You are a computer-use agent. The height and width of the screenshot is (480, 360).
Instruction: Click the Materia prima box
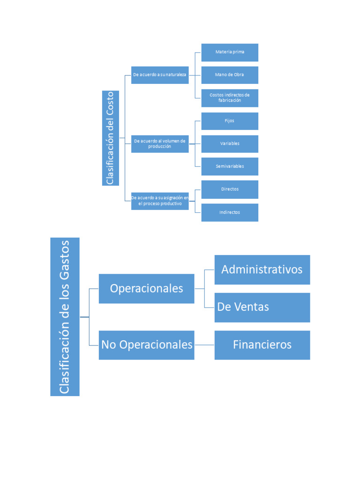230,52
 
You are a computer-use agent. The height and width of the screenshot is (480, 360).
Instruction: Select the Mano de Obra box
230,75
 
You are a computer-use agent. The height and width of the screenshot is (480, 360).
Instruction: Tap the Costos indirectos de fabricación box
230,98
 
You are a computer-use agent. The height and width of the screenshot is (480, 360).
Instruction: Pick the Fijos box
230,121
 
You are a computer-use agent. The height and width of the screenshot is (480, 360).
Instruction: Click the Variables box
230,143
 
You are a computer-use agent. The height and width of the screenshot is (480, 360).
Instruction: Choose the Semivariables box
230,166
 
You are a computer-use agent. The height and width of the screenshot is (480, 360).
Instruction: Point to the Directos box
230,189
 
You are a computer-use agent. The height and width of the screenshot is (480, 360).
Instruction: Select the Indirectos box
230,212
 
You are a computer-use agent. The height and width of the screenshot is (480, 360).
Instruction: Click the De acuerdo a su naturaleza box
160,75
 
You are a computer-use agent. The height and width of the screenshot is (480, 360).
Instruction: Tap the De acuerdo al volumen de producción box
160,143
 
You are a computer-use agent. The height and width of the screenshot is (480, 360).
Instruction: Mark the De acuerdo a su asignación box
160,201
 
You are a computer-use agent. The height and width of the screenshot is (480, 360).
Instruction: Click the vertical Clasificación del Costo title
111,138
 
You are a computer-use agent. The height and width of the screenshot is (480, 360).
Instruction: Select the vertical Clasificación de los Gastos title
65,317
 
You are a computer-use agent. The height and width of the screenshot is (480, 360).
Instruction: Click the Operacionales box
146,289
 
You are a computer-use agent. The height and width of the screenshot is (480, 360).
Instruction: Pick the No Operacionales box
146,345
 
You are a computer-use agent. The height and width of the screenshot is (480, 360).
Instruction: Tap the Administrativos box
262,270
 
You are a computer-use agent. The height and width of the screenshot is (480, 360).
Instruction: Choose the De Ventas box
262,307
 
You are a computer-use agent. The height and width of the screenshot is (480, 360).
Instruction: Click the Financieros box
262,345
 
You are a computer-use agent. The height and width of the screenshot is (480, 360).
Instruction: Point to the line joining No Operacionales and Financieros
204,345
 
